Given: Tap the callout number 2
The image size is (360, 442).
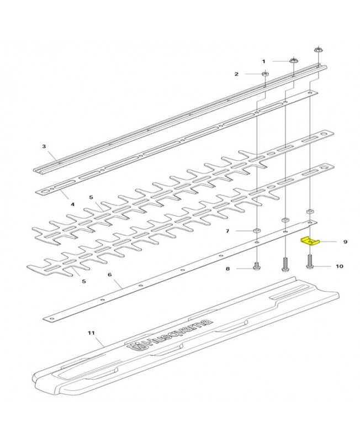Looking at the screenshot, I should click(x=236, y=73).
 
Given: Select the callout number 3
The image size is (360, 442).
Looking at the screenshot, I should click(x=44, y=146).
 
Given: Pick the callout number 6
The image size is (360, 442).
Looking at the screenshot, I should click(x=109, y=274).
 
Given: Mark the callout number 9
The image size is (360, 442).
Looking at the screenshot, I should click(x=345, y=241).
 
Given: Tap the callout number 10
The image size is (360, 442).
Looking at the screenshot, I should click(x=339, y=266).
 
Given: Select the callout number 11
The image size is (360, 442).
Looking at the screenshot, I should click(x=92, y=333).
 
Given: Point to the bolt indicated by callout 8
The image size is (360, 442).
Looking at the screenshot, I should click(x=257, y=266).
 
